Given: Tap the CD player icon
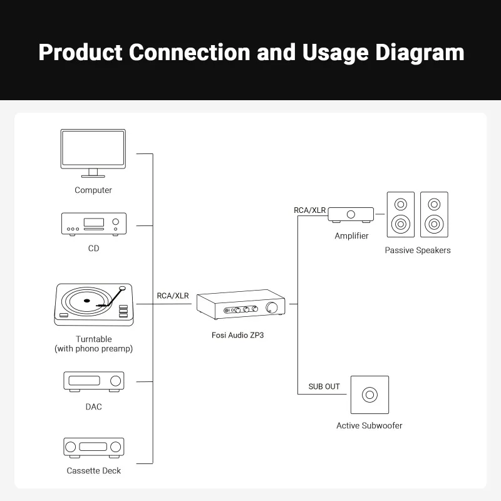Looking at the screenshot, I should coord(93,224).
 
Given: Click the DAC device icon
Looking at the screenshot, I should coord(93,381).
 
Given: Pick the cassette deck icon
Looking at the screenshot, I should coord(93,447).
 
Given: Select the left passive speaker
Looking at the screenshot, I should coord(400,214).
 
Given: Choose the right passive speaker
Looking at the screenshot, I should coord(434,214).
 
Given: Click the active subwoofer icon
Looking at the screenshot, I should coord(369,395).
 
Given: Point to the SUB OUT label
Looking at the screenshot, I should coord(324,386).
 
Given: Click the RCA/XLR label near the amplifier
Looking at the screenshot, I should coord(310,210).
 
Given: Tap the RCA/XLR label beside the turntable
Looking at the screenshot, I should coord(173,296).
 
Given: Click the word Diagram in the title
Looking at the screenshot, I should coord(420,52).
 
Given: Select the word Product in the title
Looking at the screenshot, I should coord(80,52).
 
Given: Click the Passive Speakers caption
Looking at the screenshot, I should coord(418,250).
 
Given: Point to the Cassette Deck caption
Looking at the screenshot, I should coord(93,470).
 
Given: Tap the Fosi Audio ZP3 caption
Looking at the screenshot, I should coord(242,334).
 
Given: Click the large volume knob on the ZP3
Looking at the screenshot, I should coord(273,307).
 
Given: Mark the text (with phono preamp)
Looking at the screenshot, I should coord(93,349).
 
